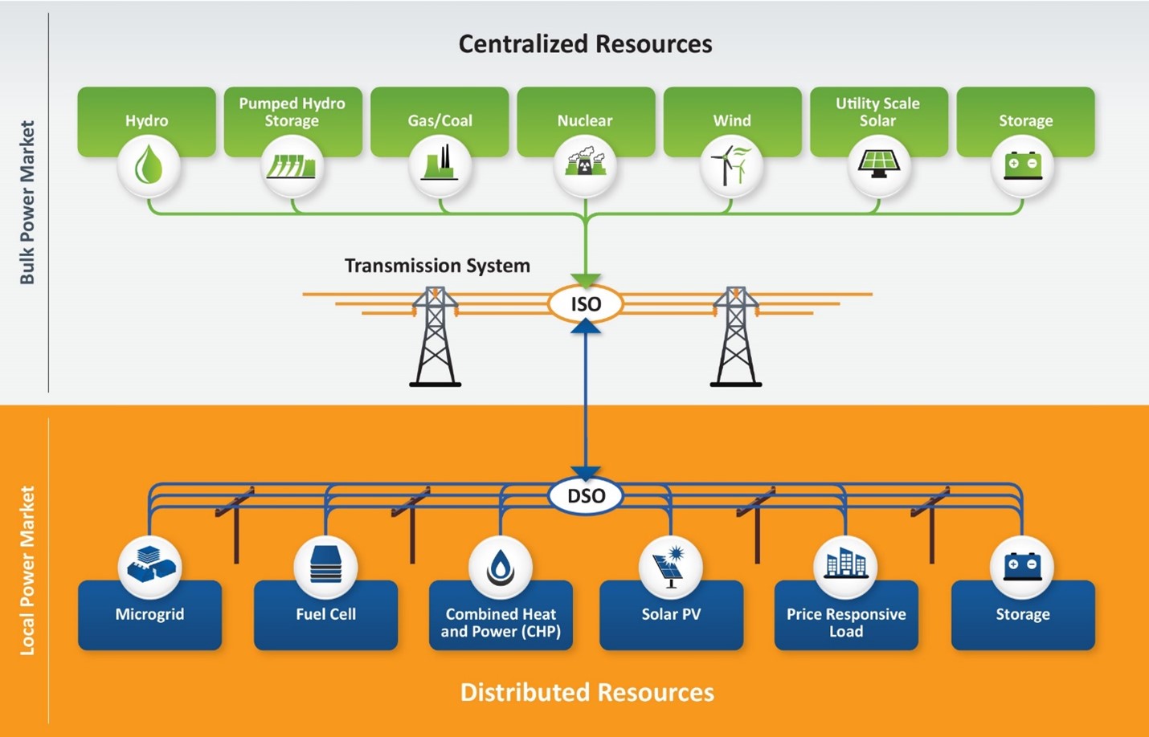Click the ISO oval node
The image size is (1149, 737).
click(x=585, y=304)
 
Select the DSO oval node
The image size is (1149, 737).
click(x=586, y=495)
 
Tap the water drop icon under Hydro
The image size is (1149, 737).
click(x=148, y=166)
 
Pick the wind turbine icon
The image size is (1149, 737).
click(x=731, y=165)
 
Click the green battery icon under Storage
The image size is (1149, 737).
click(x=1023, y=165)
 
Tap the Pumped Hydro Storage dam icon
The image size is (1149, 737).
click(x=292, y=166)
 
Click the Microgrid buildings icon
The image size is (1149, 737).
click(x=149, y=565)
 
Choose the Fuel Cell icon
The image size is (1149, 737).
click(x=325, y=565)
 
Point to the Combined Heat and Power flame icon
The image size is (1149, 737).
click(x=501, y=567)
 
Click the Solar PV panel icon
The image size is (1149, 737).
click(x=670, y=567)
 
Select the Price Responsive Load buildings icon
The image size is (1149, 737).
click(x=845, y=565)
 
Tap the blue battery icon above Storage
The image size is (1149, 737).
click(x=1022, y=565)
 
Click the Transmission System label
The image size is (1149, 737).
click(x=437, y=266)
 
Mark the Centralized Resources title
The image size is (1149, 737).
click(x=585, y=44)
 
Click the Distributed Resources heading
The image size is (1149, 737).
click(x=587, y=692)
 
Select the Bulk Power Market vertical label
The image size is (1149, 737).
click(x=27, y=202)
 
